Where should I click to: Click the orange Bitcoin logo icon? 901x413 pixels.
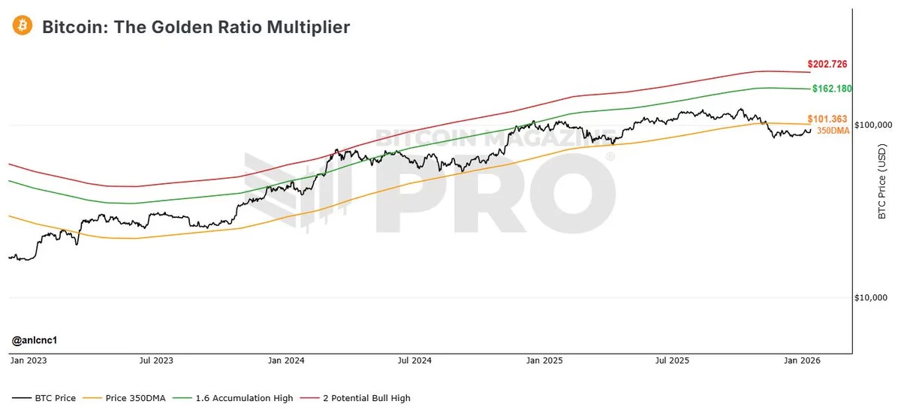pos(22,26)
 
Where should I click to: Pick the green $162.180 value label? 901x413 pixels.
pos(832,89)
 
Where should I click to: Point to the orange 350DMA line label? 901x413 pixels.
pos(834,131)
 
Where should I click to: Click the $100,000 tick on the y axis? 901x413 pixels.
pos(874,125)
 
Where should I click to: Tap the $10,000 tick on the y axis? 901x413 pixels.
pos(874,298)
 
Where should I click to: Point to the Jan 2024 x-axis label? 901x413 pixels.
pos(285,361)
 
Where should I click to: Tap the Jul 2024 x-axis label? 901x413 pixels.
pos(414,361)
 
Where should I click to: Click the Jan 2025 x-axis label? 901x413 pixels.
pos(544,361)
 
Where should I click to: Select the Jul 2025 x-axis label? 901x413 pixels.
pos(672,361)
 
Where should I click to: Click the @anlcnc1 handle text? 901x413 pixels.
pos(35,341)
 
